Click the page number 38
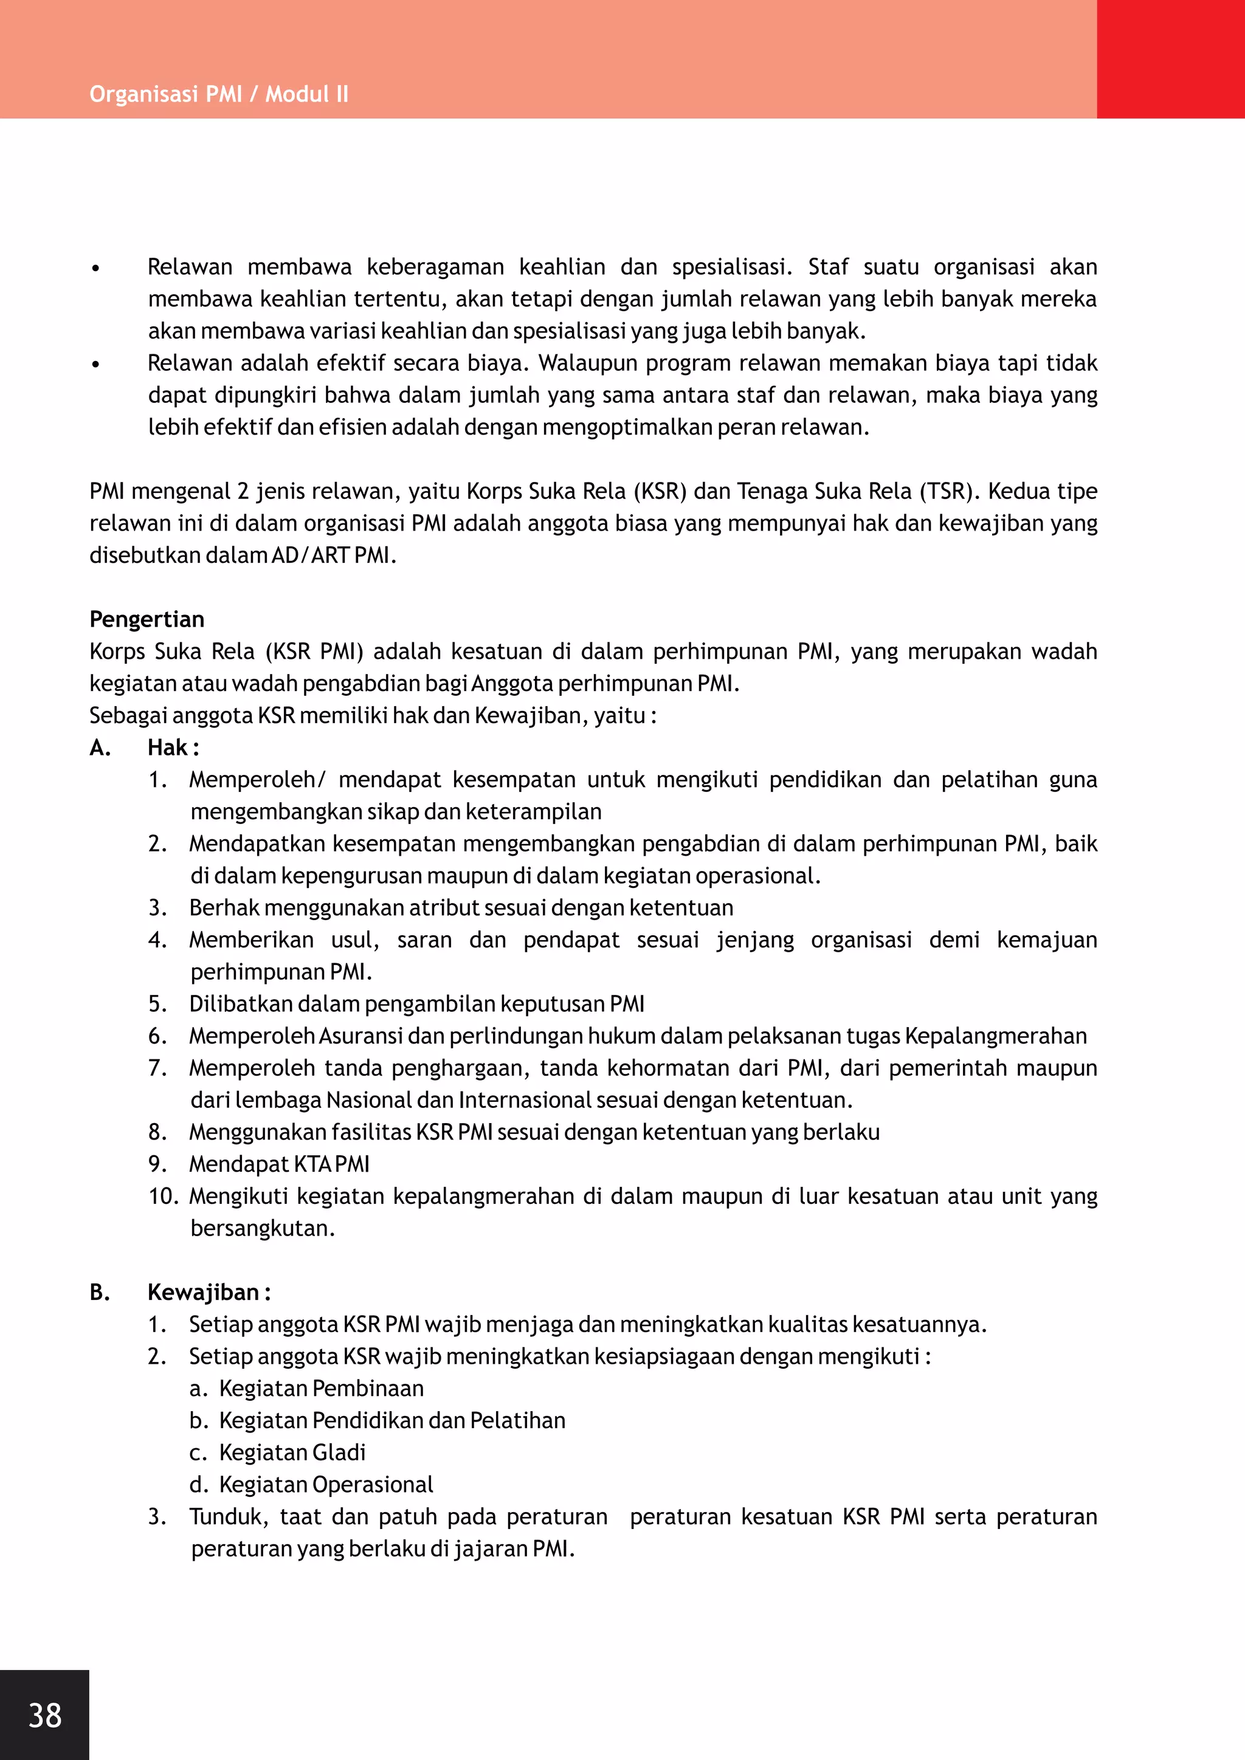coord(44,1715)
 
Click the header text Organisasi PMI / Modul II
coord(218,94)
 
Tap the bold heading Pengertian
coord(147,619)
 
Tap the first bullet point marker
coord(95,268)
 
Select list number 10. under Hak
coord(164,1196)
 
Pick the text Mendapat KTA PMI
coord(279,1164)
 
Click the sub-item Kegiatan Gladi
coord(292,1452)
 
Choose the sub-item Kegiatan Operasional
coord(326,1484)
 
